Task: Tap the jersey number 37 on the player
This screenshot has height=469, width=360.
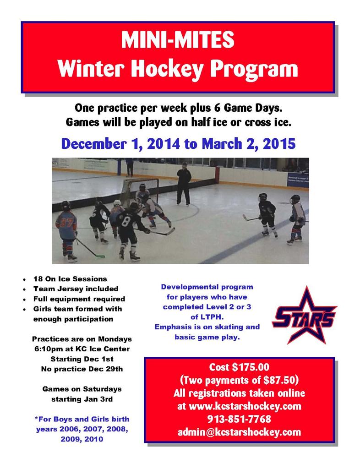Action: (x=66, y=223)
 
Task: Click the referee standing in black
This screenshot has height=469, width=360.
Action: (x=184, y=184)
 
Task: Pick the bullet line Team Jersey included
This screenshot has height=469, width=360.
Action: (x=76, y=289)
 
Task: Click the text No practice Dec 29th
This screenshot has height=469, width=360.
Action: (x=82, y=368)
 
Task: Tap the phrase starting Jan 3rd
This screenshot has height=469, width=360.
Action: (x=82, y=398)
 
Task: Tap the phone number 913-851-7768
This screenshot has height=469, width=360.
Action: (x=239, y=419)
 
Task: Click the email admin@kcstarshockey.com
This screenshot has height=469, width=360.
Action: (x=239, y=432)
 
